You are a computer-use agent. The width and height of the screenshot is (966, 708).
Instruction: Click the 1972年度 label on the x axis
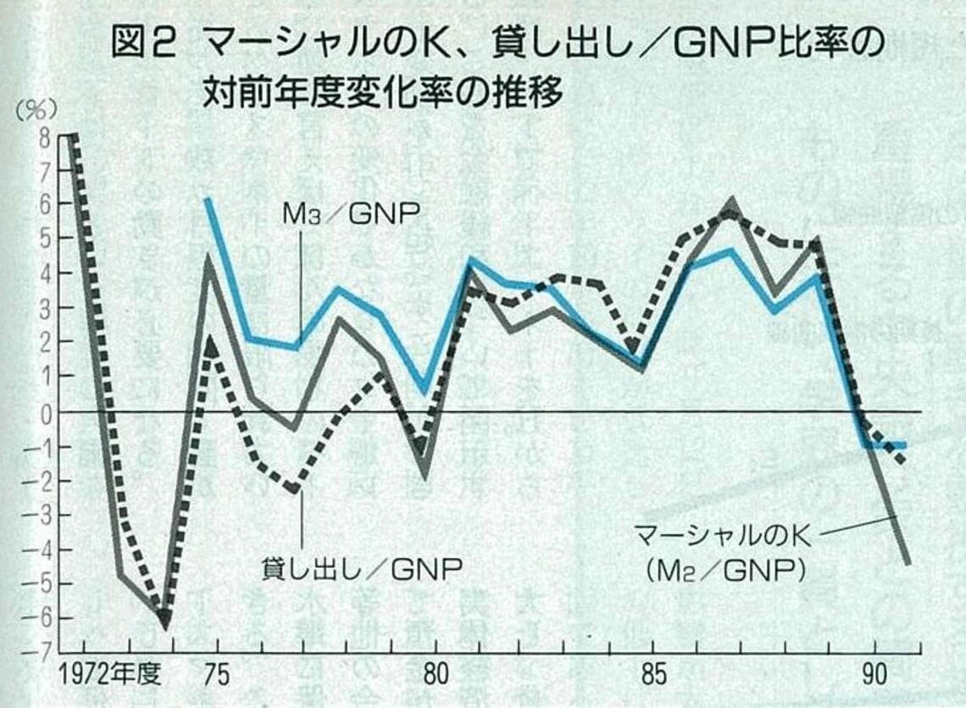pyautogui.click(x=110, y=677)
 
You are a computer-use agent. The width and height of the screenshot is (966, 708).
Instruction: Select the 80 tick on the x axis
pyautogui.click(x=435, y=677)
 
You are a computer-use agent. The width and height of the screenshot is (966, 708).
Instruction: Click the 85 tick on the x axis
pyautogui.click(x=652, y=677)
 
